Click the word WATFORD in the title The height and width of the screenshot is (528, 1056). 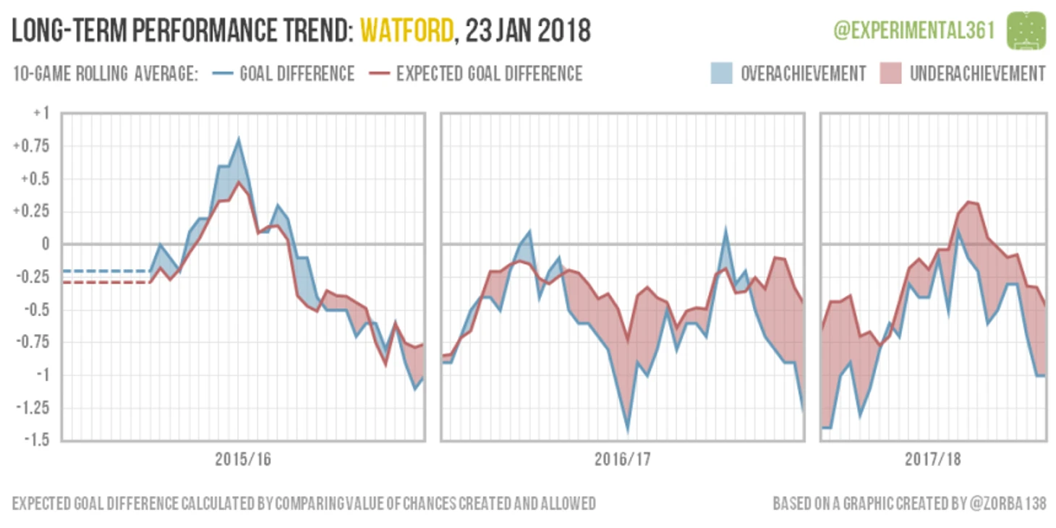pyautogui.click(x=407, y=30)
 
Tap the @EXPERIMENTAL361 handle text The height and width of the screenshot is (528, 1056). pyautogui.click(x=914, y=30)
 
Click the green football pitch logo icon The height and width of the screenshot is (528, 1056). pyautogui.click(x=1027, y=30)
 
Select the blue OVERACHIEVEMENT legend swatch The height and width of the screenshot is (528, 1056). pyautogui.click(x=720, y=74)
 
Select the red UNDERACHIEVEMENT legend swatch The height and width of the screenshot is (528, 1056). pyautogui.click(x=890, y=74)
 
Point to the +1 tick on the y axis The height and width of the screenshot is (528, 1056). pyautogui.click(x=41, y=114)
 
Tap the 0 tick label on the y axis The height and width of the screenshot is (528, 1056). pyautogui.click(x=45, y=244)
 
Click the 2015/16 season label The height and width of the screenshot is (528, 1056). pyautogui.click(x=243, y=460)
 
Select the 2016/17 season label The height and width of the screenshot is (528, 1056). pyautogui.click(x=623, y=460)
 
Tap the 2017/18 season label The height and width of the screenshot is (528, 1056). pyautogui.click(x=933, y=460)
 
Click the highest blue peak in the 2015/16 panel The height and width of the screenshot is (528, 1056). pyautogui.click(x=239, y=140)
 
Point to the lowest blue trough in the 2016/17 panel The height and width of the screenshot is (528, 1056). pyautogui.click(x=628, y=429)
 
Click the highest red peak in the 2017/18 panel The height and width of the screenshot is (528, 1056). pyautogui.click(x=968, y=203)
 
